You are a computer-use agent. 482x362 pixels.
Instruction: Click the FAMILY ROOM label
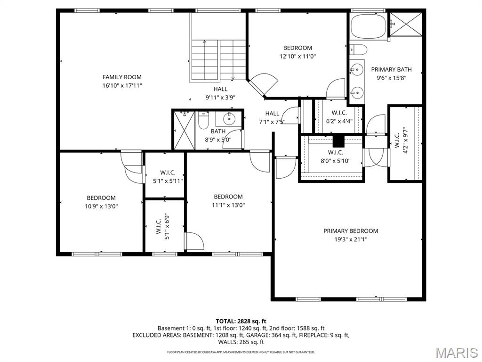point(122,77)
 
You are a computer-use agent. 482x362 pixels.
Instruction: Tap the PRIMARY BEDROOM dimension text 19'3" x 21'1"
point(350,239)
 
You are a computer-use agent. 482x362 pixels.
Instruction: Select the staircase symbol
point(219,60)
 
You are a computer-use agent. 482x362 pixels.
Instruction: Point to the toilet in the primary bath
point(359,49)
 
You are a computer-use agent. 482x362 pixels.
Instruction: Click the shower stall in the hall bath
point(184,130)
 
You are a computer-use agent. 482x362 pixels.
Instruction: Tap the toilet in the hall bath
point(203,121)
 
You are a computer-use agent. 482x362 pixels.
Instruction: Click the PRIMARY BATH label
point(391,69)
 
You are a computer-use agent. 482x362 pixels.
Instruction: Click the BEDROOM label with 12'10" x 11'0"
point(297,48)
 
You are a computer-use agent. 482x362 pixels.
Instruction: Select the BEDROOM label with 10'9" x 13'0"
point(101,198)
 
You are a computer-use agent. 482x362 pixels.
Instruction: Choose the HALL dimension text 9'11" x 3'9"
point(220,98)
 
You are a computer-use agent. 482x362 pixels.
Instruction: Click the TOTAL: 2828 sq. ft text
point(241,321)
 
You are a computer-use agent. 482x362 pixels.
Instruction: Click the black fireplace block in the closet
point(338,141)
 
